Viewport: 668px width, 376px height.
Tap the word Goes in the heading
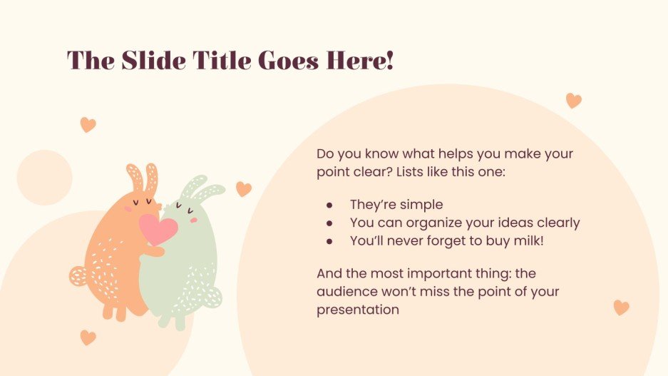(292, 61)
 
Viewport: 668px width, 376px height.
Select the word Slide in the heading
(143, 61)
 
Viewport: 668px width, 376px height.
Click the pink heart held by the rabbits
(158, 229)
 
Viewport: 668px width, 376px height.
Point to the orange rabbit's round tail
(78, 275)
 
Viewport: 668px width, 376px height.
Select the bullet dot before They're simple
(329, 205)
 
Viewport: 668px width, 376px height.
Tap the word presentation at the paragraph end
(358, 310)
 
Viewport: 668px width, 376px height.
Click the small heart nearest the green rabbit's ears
(244, 189)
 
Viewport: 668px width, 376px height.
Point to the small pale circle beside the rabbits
(44, 178)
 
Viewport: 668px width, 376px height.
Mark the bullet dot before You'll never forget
(329, 240)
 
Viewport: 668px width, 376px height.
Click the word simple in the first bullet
(424, 205)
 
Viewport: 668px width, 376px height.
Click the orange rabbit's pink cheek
(129, 209)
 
